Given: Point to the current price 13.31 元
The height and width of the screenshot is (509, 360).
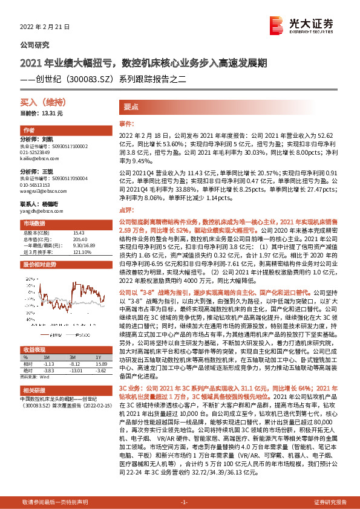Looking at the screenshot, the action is (41, 113).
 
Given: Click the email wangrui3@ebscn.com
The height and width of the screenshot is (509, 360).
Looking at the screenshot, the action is (40, 190).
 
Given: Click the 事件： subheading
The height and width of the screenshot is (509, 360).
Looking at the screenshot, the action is (126, 123).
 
